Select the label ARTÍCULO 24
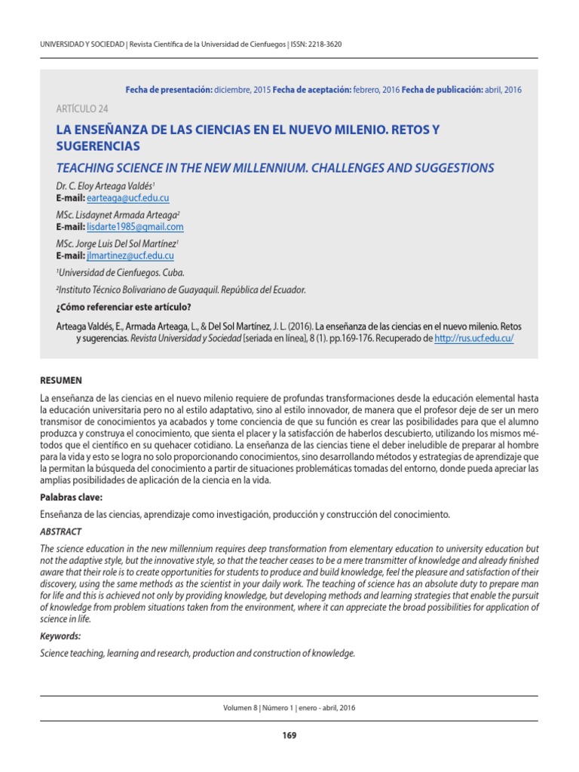click(x=82, y=109)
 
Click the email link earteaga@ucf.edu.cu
click(x=127, y=198)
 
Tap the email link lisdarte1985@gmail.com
click(x=135, y=227)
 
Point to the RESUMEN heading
click(x=61, y=381)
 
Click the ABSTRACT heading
click(x=60, y=532)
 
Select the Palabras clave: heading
click(x=70, y=498)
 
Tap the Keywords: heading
click(x=60, y=636)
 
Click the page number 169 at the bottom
click(x=289, y=736)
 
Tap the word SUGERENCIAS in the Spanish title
click(x=98, y=146)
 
